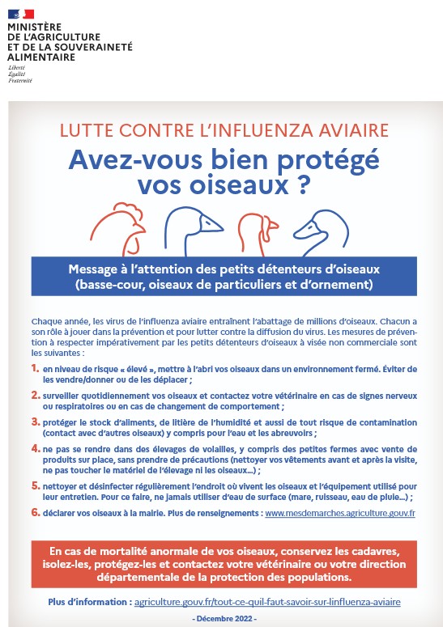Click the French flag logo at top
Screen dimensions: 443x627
21,14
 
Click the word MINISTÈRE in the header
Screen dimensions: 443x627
34,28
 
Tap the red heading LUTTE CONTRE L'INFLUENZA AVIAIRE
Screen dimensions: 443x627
224,131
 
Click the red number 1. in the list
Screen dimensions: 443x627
36,368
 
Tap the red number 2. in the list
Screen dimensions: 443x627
36,395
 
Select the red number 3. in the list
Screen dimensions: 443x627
36,422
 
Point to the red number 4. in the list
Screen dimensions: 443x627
36,448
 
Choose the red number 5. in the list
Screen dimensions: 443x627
36,485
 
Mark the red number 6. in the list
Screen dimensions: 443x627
36,512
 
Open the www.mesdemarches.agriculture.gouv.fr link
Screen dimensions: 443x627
340,513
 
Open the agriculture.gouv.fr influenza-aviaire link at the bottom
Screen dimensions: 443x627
267,602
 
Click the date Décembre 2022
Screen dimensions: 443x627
224,619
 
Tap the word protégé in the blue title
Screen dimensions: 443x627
327,161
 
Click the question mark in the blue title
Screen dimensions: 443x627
305,185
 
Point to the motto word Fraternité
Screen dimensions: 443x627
20,80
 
